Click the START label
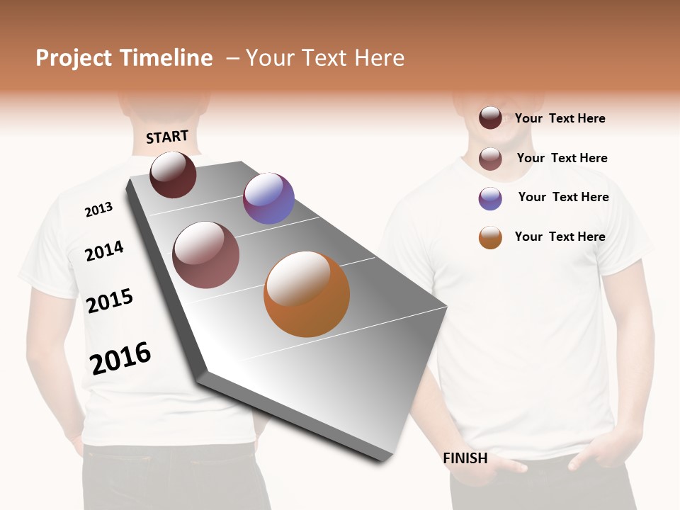point(167,137)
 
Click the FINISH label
point(465,458)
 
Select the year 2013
point(98,210)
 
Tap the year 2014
point(104,251)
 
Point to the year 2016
point(120,358)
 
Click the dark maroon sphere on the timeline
point(173,174)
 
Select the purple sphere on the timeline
point(268,198)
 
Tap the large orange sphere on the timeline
point(307,294)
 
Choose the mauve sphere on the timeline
point(205,255)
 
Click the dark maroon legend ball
point(490,118)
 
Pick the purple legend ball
point(490,198)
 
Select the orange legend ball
point(490,237)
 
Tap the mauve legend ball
point(490,159)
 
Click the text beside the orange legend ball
point(560,237)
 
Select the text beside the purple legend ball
point(563,197)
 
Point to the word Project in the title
point(74,58)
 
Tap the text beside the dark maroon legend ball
point(560,118)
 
